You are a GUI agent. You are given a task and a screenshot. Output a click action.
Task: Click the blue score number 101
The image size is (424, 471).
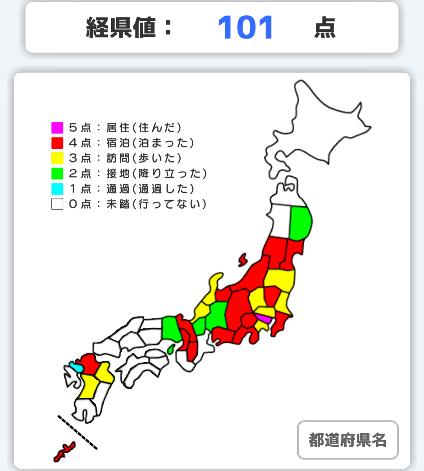tap(245, 28)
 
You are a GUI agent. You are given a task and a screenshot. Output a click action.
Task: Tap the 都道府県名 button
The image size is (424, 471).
tap(347, 440)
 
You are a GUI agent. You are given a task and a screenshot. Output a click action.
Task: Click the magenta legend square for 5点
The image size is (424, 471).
tap(57, 128)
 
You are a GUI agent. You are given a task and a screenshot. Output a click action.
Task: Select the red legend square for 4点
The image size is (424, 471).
tap(57, 143)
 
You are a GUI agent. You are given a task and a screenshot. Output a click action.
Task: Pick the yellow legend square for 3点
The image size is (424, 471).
tap(57, 158)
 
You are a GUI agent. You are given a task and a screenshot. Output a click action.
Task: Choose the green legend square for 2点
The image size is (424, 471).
tap(57, 173)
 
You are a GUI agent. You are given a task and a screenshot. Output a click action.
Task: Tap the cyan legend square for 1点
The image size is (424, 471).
tap(57, 189)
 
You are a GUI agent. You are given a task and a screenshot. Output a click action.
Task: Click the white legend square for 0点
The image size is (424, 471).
tap(57, 204)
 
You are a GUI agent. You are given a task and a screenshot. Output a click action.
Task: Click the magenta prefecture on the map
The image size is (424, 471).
tap(263, 318)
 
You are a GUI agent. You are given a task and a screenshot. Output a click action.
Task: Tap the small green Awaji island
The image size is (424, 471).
tap(171, 348)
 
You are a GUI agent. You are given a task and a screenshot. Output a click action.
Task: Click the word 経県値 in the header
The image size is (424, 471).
tap(121, 28)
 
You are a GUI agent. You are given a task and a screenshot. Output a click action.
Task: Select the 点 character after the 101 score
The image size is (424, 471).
tap(325, 28)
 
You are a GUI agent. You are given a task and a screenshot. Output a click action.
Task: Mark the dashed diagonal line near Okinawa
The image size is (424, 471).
tap(77, 432)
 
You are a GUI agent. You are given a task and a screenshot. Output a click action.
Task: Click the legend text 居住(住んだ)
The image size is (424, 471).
tap(144, 128)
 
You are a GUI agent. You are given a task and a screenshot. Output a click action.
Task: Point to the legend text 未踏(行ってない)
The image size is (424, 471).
tap(156, 204)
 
